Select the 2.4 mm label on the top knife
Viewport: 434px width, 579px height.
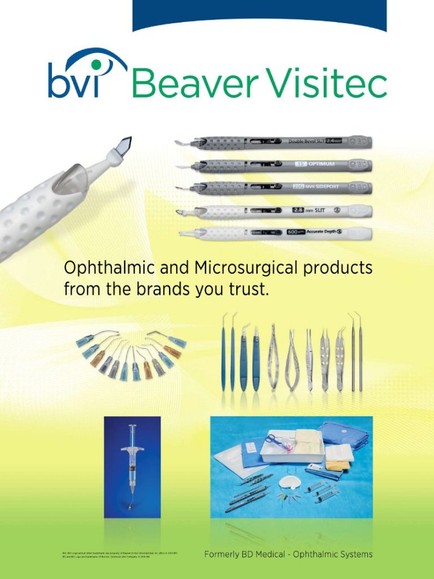(334, 141)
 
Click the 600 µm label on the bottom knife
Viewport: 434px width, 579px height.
(296, 232)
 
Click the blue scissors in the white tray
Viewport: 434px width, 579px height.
(275, 440)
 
